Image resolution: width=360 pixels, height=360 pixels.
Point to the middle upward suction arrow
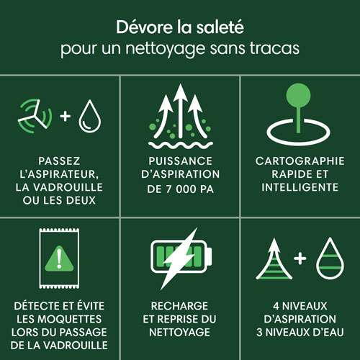tap(179, 108)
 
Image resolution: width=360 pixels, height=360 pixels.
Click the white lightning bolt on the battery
tap(180, 255)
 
